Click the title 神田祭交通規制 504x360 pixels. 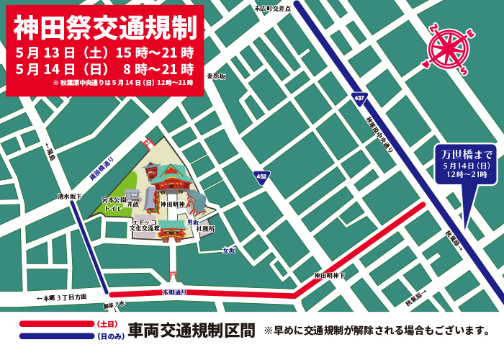pos(105,27)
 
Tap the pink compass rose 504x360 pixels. pos(448,49)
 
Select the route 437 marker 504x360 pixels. pos(359,97)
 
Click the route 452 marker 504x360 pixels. pos(262,176)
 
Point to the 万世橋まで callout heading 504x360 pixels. pos(466,154)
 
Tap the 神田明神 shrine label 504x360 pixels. pos(172,204)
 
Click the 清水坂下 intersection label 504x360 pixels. pos(70,195)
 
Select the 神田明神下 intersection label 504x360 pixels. pos(329,276)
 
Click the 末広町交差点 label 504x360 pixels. pos(273,8)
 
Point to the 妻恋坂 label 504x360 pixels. pos(216,76)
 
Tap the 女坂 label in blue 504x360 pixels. pos(229,250)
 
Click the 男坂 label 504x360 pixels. pos(192,222)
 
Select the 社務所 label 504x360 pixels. pos(205,229)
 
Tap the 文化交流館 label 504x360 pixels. pos(145,228)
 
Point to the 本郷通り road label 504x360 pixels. pos(174,292)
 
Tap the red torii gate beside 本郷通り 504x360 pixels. pos(172,276)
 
